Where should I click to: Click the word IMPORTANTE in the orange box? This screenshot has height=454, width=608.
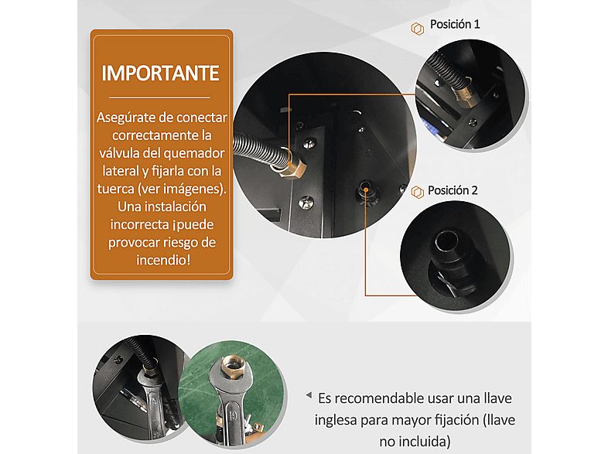(x=161, y=73)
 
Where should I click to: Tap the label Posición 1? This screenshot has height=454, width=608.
(x=455, y=24)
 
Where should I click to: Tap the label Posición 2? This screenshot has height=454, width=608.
(x=453, y=190)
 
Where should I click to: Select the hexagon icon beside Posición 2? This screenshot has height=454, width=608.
(x=417, y=192)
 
